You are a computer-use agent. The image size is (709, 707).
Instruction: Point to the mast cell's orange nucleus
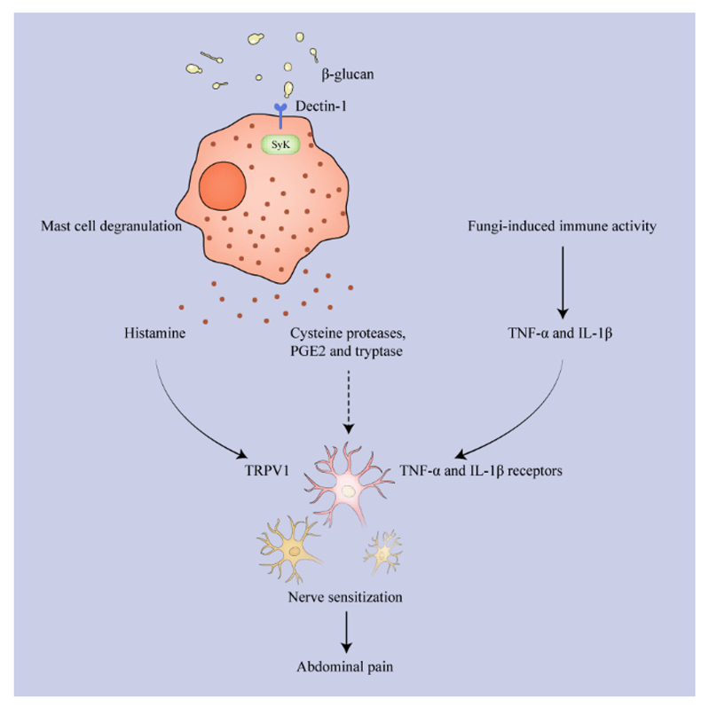click(x=222, y=190)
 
